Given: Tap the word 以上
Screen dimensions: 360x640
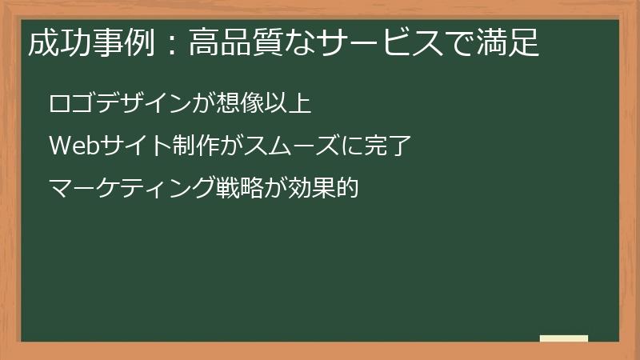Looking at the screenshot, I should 289,105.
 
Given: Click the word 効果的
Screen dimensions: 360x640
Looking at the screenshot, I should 323,190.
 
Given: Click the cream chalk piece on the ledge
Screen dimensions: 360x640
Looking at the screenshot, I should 563,338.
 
